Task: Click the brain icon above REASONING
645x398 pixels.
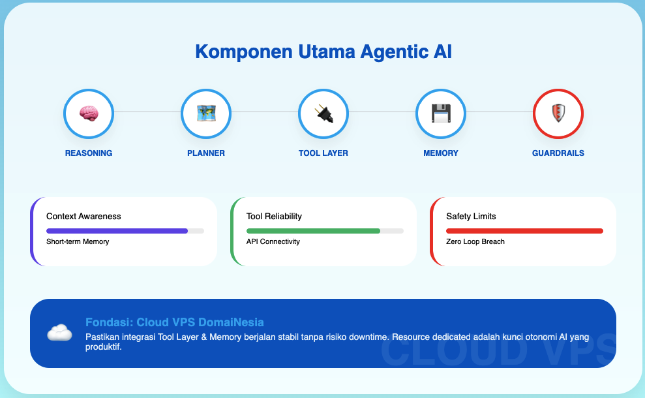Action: pos(89,114)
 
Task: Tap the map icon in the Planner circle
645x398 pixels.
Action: pos(206,114)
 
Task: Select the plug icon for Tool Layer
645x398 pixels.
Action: pos(323,114)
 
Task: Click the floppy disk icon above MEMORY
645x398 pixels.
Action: pos(441,114)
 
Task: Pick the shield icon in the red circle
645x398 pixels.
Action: pos(558,114)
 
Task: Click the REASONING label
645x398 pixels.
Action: pos(89,153)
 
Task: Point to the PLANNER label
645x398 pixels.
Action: pos(206,153)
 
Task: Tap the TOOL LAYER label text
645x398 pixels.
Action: pos(323,153)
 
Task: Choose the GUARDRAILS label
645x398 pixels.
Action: pos(558,153)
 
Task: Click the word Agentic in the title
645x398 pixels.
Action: pos(382,52)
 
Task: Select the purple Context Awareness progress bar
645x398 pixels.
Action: pos(117,231)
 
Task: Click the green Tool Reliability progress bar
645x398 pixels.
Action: pos(313,231)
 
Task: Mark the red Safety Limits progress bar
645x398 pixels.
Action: pos(524,231)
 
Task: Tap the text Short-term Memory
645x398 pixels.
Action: pos(78,241)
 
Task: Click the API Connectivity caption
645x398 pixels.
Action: pos(273,241)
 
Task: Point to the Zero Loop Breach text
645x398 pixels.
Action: pos(475,241)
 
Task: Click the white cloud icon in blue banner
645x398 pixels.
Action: pos(59,333)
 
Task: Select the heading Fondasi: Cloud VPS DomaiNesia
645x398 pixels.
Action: pos(174,322)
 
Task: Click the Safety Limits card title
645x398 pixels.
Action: pos(472,216)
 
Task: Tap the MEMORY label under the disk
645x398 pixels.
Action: pos(441,153)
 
